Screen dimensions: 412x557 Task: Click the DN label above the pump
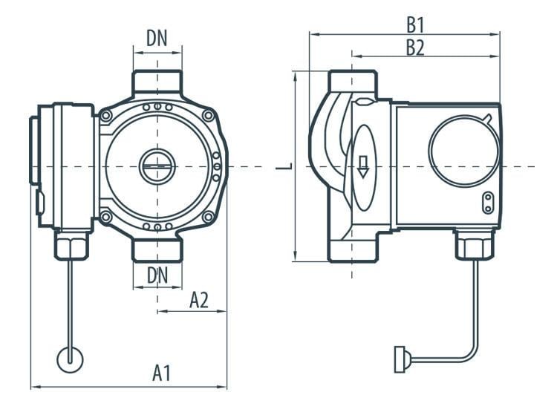tap(157, 39)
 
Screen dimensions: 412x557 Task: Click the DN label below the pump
tap(157, 274)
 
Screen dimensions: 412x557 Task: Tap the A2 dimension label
tap(198, 300)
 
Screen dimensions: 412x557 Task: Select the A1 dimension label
tap(162, 373)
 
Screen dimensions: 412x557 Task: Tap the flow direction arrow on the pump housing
tap(363, 166)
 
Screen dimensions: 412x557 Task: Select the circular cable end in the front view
tap(71, 359)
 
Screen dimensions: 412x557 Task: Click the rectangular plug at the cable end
tap(399, 360)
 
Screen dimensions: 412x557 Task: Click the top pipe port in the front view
tap(157, 82)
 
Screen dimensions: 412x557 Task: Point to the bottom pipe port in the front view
tap(157, 250)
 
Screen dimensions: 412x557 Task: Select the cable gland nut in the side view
tap(474, 246)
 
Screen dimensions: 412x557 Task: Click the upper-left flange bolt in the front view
tap(107, 116)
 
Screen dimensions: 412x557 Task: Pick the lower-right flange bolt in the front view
tap(209, 216)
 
